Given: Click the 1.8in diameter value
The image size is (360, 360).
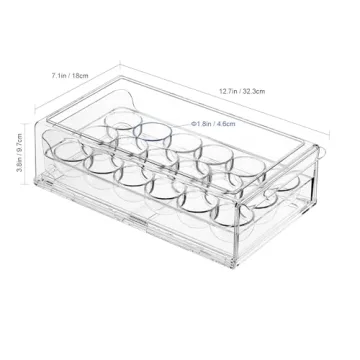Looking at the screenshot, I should click(204, 123).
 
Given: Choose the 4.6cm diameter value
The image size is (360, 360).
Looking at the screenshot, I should click(229, 123).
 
